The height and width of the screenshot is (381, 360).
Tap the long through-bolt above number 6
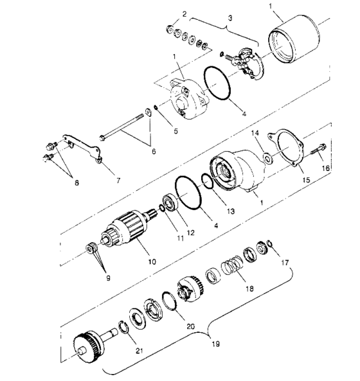pos(127,126)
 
